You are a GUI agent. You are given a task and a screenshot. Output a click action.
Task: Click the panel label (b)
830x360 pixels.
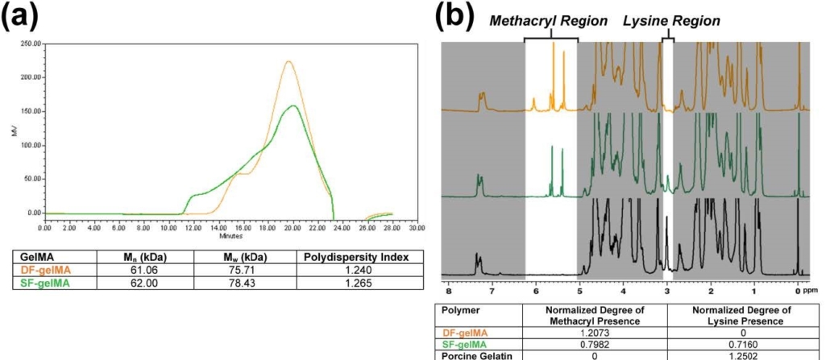point(460,16)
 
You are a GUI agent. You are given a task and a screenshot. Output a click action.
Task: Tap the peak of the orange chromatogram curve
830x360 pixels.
point(288,61)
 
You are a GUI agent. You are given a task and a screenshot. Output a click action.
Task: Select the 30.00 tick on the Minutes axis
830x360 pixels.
point(416,228)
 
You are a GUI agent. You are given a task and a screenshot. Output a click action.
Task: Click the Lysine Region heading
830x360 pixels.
point(660,20)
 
